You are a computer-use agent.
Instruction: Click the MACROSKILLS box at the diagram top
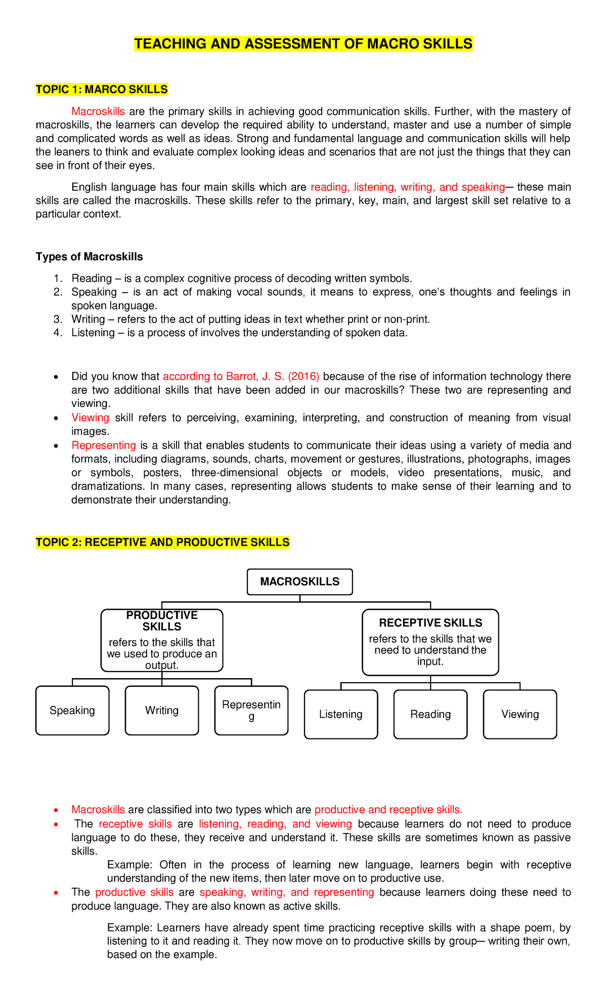click(299, 581)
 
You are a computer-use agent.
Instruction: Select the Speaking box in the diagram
click(72, 710)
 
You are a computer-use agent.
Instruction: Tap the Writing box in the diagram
click(162, 710)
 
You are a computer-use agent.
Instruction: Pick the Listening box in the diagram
click(341, 714)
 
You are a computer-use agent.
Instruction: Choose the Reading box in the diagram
click(430, 714)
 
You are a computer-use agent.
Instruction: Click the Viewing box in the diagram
click(520, 714)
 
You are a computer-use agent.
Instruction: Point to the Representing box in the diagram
click(251, 710)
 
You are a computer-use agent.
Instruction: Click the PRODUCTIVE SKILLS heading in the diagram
click(162, 621)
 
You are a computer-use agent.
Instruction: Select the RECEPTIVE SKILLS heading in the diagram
click(430, 623)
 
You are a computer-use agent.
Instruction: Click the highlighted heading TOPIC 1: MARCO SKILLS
click(102, 90)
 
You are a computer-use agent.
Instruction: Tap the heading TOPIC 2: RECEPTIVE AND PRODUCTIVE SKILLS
click(162, 543)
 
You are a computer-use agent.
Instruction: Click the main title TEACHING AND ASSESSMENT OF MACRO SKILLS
click(303, 44)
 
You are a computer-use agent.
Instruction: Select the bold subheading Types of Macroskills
click(89, 257)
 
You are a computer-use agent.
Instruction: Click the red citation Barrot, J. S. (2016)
click(272, 377)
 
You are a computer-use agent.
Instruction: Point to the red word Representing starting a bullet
click(104, 445)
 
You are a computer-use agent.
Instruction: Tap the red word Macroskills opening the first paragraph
click(98, 111)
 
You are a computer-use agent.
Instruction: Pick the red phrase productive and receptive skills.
click(388, 810)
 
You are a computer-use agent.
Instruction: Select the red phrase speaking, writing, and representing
click(287, 892)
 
